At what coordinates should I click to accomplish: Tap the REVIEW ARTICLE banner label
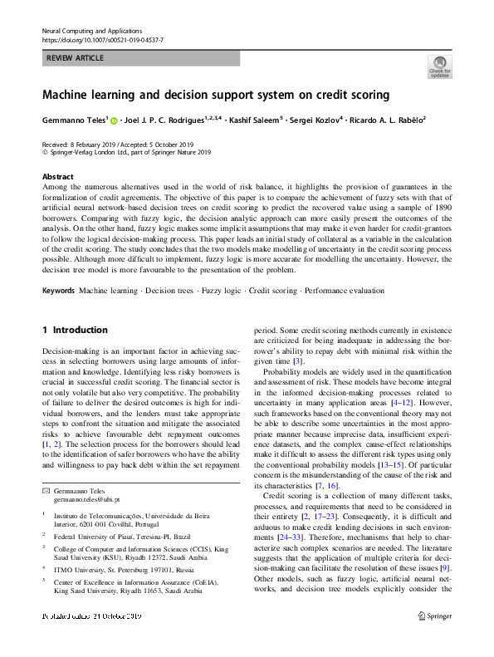[76, 58]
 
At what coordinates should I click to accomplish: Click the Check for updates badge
[439, 66]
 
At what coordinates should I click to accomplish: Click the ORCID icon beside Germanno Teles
[115, 121]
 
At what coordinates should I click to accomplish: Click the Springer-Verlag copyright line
[126, 153]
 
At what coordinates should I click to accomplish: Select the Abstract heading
[58, 177]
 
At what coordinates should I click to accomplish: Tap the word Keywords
[58, 291]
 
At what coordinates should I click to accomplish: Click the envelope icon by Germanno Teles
[46, 493]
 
